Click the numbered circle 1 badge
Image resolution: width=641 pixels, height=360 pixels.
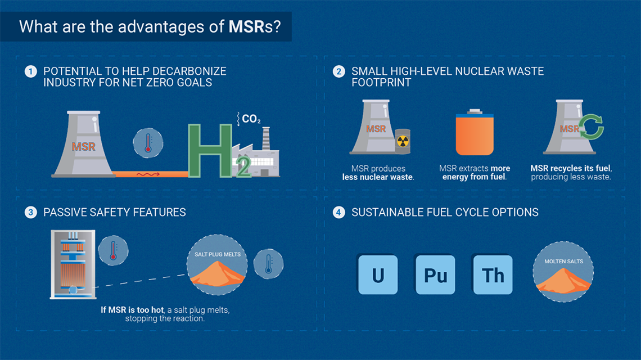click(31, 71)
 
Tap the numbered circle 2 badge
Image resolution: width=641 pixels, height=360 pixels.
click(338, 71)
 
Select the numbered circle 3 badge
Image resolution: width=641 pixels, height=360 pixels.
click(31, 212)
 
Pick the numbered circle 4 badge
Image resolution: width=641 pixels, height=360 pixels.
click(338, 212)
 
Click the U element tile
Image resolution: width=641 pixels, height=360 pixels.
click(378, 274)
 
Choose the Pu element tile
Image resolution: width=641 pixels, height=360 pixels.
click(435, 274)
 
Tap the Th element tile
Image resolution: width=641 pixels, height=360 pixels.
click(493, 274)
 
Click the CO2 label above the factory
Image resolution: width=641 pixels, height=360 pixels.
click(251, 119)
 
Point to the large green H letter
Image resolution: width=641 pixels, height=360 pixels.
click(210, 151)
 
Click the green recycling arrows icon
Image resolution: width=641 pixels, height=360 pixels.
click(591, 127)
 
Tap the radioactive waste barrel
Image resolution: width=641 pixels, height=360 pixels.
click(403, 141)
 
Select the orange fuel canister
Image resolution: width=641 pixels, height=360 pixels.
click(475, 132)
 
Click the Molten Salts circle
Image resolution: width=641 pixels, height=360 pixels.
click(563, 272)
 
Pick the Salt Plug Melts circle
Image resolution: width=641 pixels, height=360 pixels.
click(217, 265)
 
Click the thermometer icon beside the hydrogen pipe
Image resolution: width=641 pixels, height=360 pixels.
click(148, 143)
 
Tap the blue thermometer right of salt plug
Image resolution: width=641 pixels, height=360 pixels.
click(269, 264)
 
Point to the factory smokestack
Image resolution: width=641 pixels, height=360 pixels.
click(266, 138)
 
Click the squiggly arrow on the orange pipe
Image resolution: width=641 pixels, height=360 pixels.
click(148, 174)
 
